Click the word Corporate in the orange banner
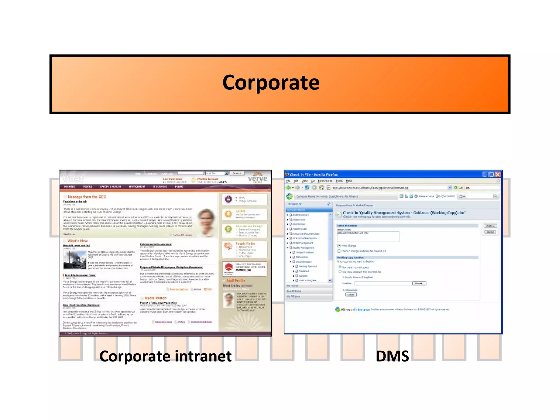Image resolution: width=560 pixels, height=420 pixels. (271, 83)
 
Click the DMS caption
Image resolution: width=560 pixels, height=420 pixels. (392, 356)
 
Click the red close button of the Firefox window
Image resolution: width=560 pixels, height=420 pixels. (498, 174)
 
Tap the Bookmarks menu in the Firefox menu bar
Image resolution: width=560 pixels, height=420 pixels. (325, 181)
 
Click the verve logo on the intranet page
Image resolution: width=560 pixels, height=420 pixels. (257, 179)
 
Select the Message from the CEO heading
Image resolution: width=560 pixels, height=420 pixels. (87, 197)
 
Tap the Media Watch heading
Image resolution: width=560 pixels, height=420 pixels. (155, 298)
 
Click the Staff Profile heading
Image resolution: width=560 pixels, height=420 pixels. (236, 281)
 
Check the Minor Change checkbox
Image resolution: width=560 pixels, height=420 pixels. (339, 246)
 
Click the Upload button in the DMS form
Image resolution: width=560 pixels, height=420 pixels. (351, 294)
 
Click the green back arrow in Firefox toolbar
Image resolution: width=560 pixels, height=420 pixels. (288, 188)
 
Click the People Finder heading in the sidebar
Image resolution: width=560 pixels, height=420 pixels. (245, 243)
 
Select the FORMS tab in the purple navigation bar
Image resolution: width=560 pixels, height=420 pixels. (179, 187)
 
